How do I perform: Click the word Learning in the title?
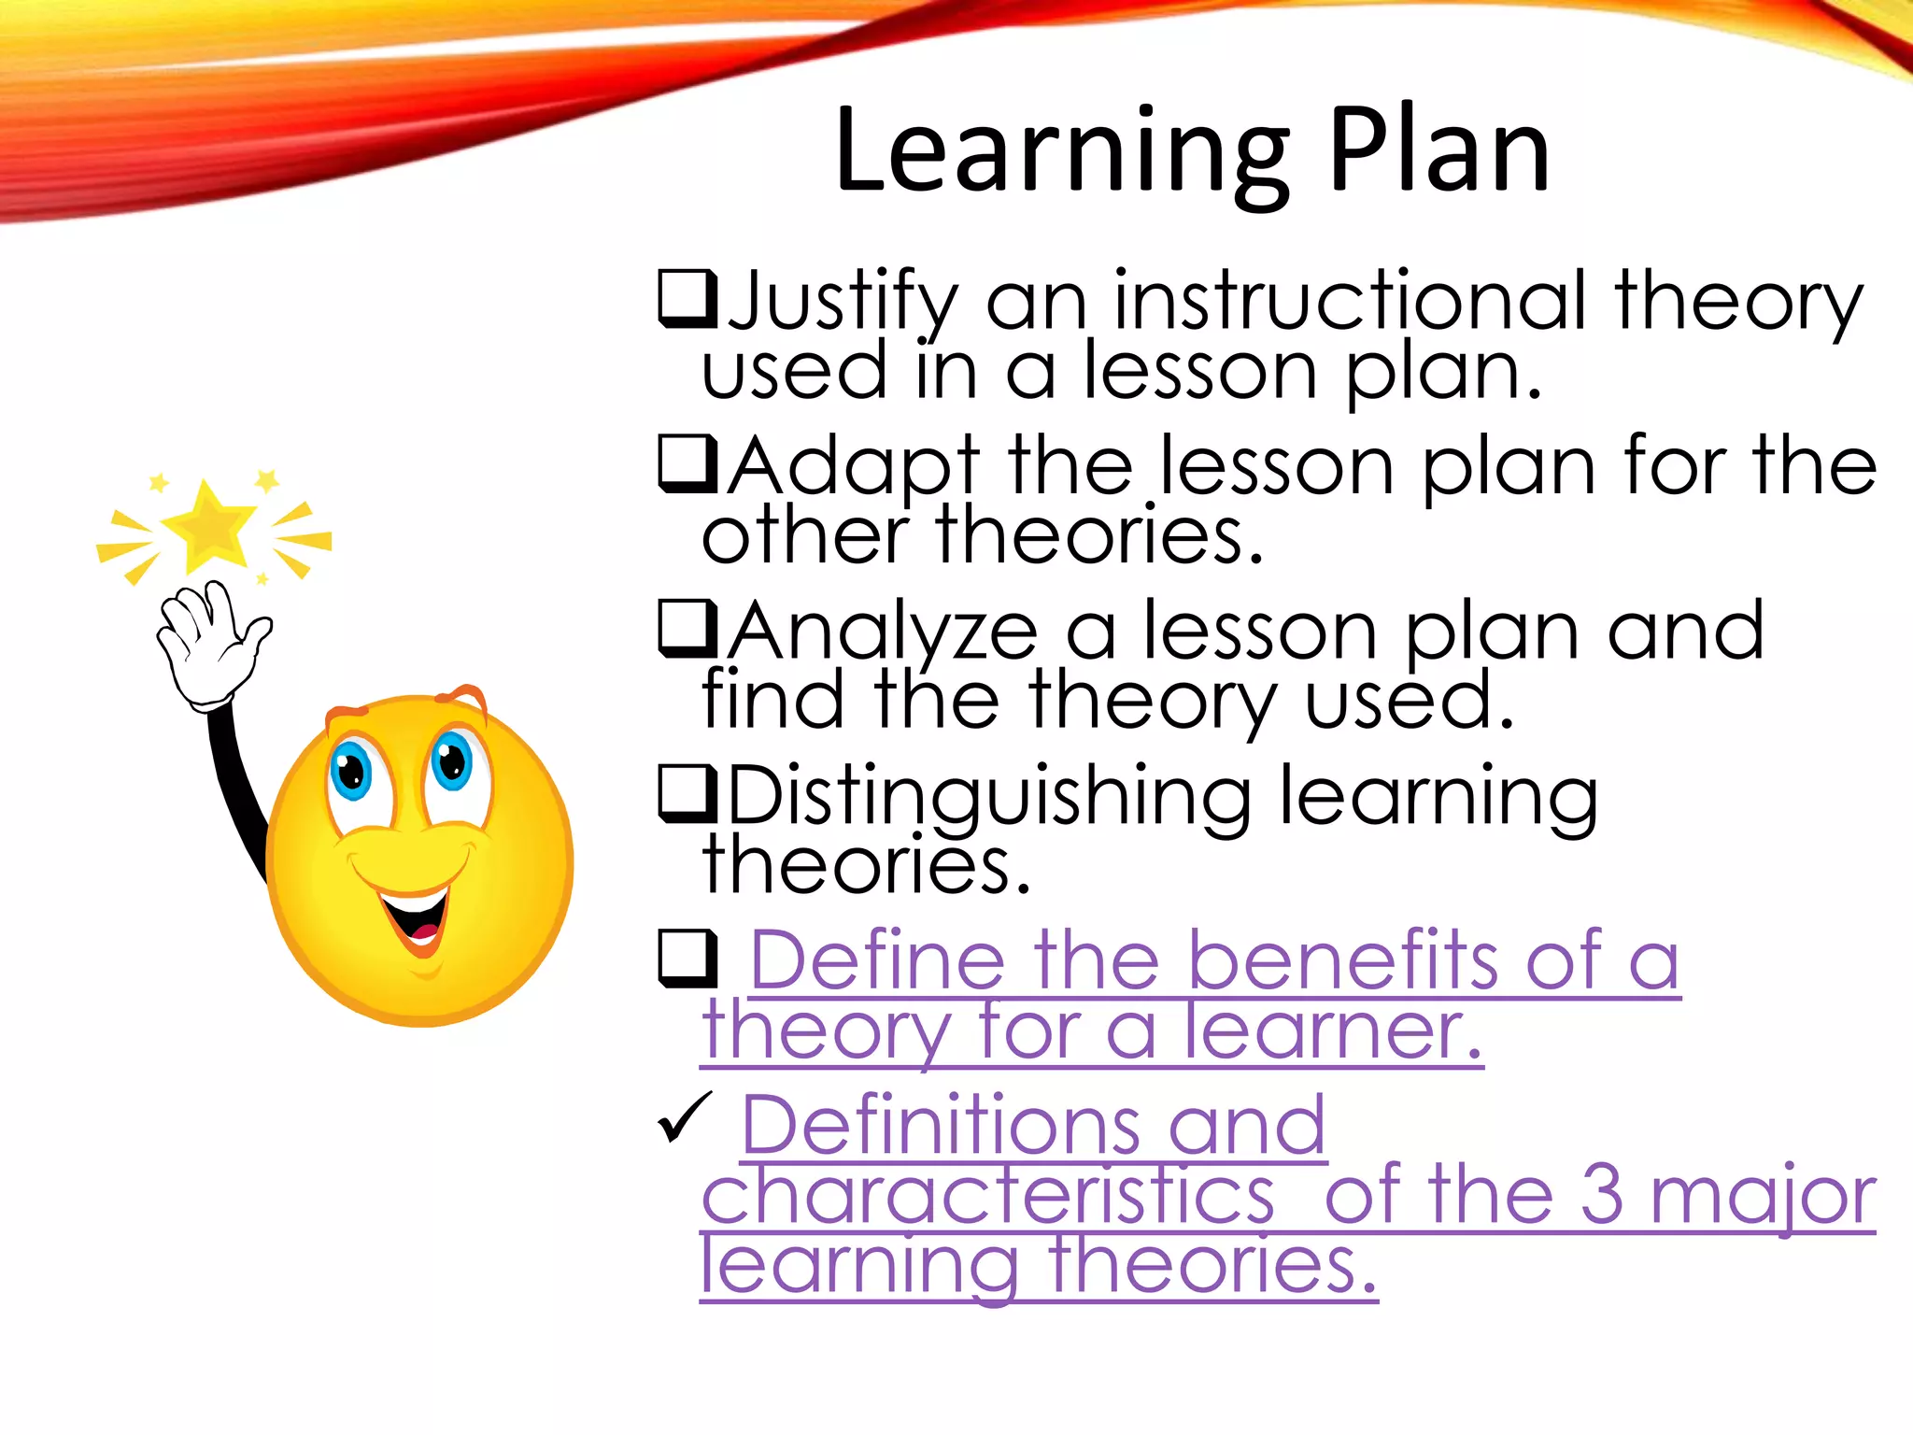click(1060, 154)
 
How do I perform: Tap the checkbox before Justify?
click(687, 299)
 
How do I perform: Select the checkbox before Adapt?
click(687, 464)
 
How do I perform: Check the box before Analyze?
click(687, 630)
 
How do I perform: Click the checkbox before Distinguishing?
click(687, 794)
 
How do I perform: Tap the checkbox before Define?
click(687, 959)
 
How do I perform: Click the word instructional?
click(1350, 301)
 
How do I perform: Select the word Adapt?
click(854, 466)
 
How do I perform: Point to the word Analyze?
click(883, 632)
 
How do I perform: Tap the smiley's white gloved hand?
click(210, 645)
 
